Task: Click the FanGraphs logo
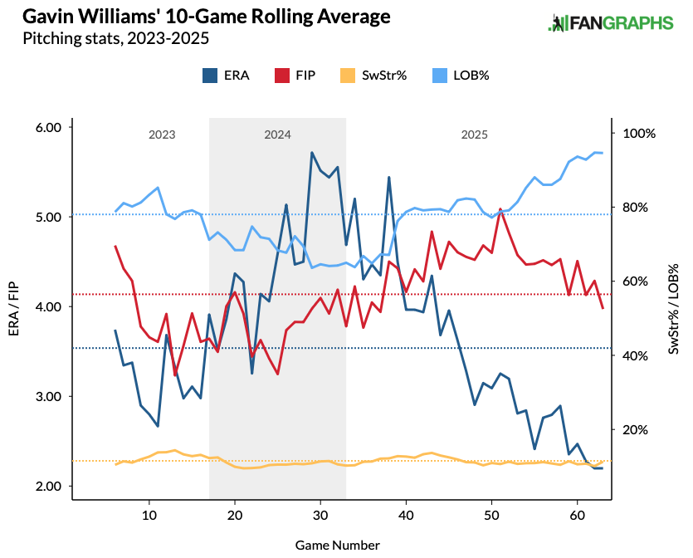coord(610,23)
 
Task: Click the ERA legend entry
coord(223,76)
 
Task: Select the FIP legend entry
coord(293,76)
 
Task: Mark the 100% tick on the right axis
coord(639,134)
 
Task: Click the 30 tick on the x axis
coord(320,516)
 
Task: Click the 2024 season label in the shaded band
coord(277,135)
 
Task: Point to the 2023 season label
coord(162,135)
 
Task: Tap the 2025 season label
coord(475,135)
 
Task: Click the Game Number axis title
coord(337,545)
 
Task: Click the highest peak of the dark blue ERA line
coord(311,153)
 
